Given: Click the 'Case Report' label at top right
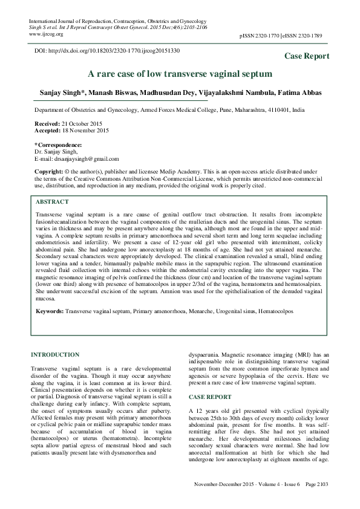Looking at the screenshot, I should click(307, 56).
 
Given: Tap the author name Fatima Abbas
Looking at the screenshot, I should click(303, 94).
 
